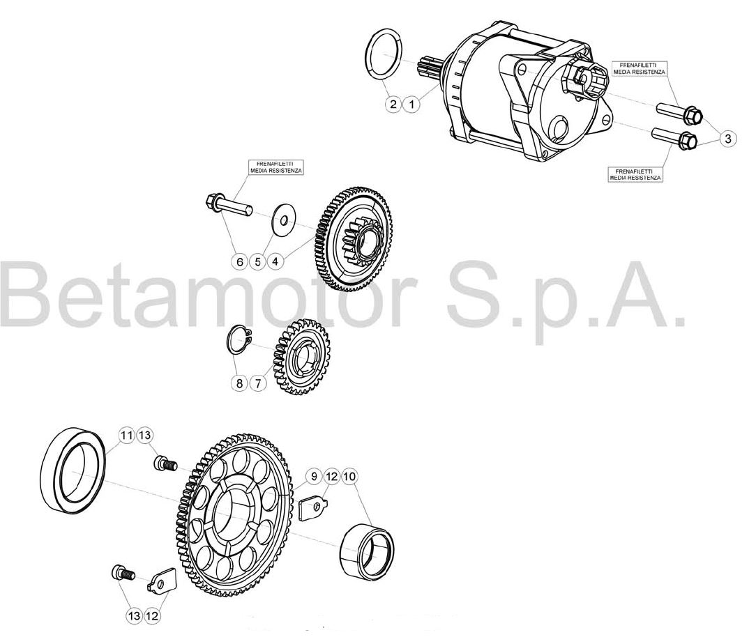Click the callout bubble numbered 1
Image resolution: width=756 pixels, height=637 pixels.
tap(411, 104)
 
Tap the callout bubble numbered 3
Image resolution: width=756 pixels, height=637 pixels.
tap(728, 139)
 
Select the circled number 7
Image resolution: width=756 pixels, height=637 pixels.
tap(258, 384)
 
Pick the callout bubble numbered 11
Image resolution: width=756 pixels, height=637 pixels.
tap(126, 436)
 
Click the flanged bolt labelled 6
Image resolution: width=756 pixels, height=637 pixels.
tap(228, 204)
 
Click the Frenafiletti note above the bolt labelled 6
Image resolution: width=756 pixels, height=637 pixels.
tap(276, 168)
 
